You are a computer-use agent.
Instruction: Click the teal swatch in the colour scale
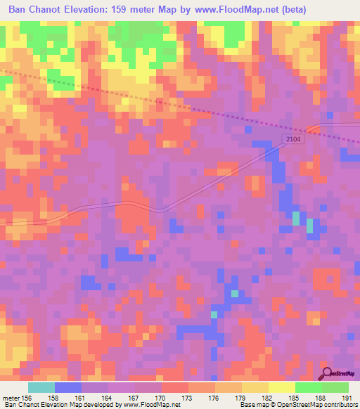tap(41, 387)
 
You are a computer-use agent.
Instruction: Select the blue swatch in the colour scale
tap(68, 387)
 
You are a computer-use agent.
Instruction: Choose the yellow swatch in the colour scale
tap(281, 387)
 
